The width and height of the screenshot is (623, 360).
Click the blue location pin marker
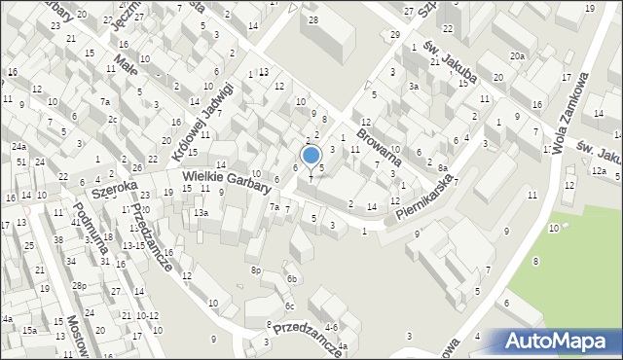pos(311,156)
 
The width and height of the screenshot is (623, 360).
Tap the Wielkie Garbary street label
pos(226,180)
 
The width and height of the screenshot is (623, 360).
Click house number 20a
pos(518,55)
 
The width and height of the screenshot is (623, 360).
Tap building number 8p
pos(256,270)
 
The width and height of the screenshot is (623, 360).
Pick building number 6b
pos(291,279)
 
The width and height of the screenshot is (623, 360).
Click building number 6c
pos(289,307)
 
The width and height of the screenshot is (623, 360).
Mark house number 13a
pos(201,212)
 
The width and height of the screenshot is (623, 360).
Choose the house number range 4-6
pos(331,327)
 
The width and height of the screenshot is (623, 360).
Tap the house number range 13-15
pos(134,245)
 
